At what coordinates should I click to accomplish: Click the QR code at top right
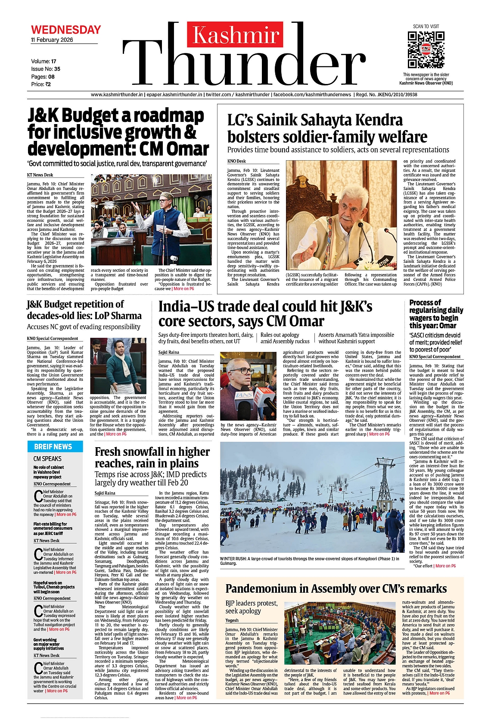click(426, 50)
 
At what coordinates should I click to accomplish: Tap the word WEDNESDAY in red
click(66, 30)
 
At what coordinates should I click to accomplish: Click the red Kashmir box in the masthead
click(235, 35)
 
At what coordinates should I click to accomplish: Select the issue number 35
click(57, 69)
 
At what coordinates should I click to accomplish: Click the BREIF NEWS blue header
click(53, 447)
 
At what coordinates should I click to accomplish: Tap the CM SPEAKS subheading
click(47, 459)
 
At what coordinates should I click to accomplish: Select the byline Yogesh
click(232, 620)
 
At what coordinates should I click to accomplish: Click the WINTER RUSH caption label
click(233, 559)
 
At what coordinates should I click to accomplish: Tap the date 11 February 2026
click(52, 40)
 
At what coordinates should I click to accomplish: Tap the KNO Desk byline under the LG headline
click(236, 161)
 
